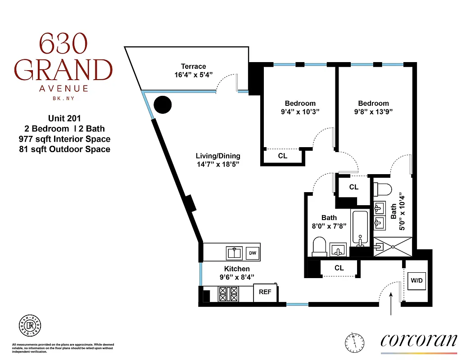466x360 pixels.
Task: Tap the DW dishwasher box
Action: tap(253, 253)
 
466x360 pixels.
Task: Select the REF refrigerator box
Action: tap(265, 292)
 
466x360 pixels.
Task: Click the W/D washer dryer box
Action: tap(417, 281)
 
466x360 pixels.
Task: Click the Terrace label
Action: tap(194, 67)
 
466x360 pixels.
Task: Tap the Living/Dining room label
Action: tap(218, 156)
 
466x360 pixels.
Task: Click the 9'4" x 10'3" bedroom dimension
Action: tap(300, 112)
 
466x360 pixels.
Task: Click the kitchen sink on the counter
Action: tap(234, 253)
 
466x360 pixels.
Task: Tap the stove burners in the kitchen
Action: tap(228, 294)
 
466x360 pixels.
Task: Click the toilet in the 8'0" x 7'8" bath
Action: tap(319, 247)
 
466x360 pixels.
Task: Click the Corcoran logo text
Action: tap(419, 340)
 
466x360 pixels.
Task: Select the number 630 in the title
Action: tap(63, 46)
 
